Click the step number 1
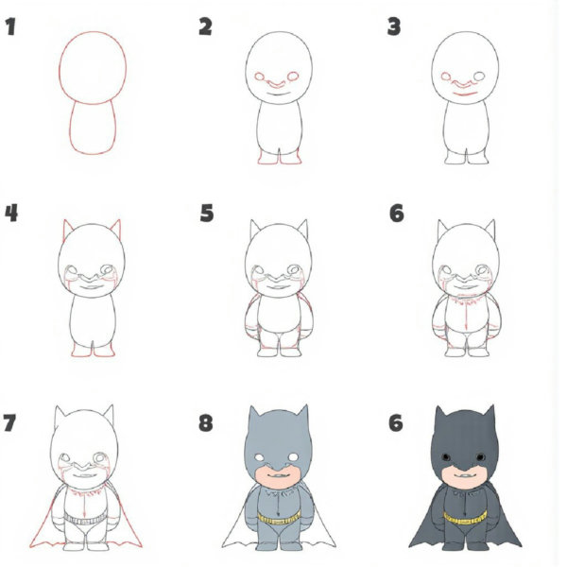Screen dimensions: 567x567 tap(11, 26)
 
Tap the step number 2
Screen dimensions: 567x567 tap(205, 26)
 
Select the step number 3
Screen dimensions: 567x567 tap(394, 26)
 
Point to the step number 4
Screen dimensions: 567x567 tap(11, 214)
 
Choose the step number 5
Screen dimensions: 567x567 tap(206, 214)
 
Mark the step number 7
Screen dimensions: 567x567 tap(11, 421)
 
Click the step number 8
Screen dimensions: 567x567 tap(206, 421)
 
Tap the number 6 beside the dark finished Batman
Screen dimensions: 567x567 tap(395, 421)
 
